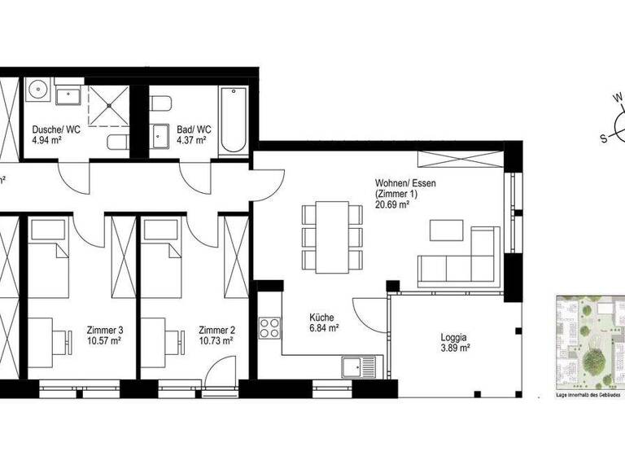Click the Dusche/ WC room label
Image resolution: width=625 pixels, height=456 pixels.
55,129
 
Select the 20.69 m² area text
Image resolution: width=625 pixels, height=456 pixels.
391,206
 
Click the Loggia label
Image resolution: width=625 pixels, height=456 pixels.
453,335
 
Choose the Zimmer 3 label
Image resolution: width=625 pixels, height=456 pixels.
104,330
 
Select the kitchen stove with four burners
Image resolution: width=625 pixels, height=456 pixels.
269,329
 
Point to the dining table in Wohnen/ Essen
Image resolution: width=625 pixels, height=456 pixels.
331,237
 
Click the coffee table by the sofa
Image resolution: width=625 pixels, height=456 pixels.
445,230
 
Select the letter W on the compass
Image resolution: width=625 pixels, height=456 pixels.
618,99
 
